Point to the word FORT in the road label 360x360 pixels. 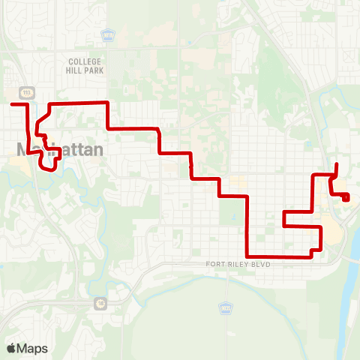coord(216,265)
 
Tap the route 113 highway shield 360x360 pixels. coord(25,92)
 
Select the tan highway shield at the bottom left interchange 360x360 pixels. coord(100,303)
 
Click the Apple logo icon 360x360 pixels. coord(11,348)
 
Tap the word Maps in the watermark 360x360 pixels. coord(32,348)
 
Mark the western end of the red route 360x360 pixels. coord(12,105)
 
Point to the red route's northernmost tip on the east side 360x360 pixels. coord(337,163)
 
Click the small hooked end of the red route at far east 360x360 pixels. coord(346,198)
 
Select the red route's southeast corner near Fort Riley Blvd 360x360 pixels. coord(311,256)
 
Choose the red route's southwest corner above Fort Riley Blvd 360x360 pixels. coord(247,256)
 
